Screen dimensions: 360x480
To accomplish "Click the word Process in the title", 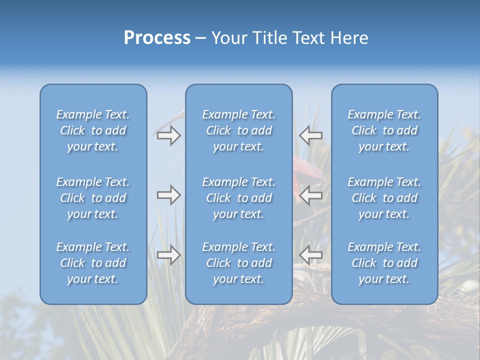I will [157, 38].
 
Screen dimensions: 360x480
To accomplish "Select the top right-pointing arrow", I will [168, 135].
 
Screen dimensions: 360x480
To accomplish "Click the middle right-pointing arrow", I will [168, 195].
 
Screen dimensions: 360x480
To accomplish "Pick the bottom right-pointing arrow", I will [168, 255].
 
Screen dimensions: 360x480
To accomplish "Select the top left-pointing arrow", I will [311, 135].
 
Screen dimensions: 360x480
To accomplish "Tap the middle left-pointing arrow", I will [311, 195].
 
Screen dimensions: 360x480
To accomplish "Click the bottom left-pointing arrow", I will [311, 255].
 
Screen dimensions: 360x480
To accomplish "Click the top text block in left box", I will [93, 130].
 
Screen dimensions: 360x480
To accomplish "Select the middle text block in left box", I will [93, 198].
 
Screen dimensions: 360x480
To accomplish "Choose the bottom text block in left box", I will [93, 263].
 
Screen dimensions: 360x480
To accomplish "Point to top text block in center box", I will [238, 130].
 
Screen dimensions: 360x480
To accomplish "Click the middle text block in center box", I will [238, 198].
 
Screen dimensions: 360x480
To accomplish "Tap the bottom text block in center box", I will [238, 263].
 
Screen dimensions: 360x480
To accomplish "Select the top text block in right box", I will [384, 130].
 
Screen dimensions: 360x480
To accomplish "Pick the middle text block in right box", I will [384, 198].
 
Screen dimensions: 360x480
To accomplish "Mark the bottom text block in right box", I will [384, 263].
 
